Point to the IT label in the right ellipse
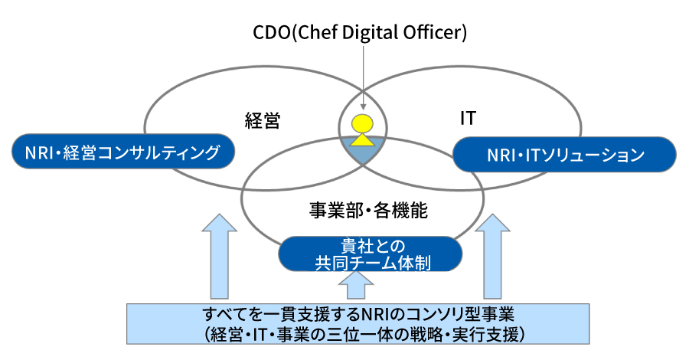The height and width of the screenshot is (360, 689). point(468,119)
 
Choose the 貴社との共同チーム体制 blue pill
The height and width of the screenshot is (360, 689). point(371,254)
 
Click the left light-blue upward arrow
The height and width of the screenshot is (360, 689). point(221,256)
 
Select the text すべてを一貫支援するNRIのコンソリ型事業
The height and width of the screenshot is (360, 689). point(359,315)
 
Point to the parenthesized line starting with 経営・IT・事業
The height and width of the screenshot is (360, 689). point(359,334)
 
